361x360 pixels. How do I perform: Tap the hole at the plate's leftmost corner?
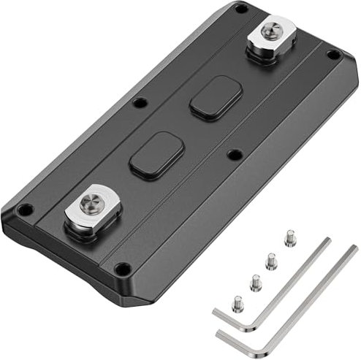24,210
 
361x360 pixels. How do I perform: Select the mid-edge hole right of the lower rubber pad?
235,154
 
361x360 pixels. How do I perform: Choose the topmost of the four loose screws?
289,237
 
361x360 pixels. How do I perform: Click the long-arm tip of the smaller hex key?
326,241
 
